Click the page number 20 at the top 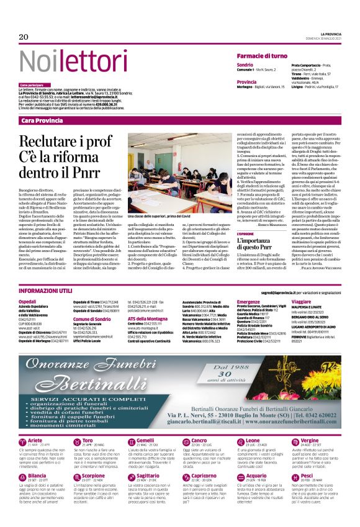coord(24,37)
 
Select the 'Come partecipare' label coord(32,84)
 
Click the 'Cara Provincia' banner coord(42,120)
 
